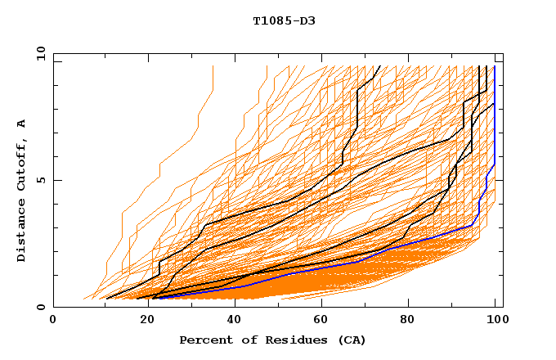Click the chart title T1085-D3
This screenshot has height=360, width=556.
tap(284, 20)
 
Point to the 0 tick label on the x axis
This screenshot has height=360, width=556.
tap(53, 321)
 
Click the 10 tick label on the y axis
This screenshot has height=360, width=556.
tap(40, 53)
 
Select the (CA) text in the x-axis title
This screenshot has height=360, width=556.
tap(352, 340)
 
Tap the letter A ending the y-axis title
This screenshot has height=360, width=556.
tap(22, 124)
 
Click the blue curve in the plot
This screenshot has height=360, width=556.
tap(327, 268)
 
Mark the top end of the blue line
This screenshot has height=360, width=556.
tap(495, 66)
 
